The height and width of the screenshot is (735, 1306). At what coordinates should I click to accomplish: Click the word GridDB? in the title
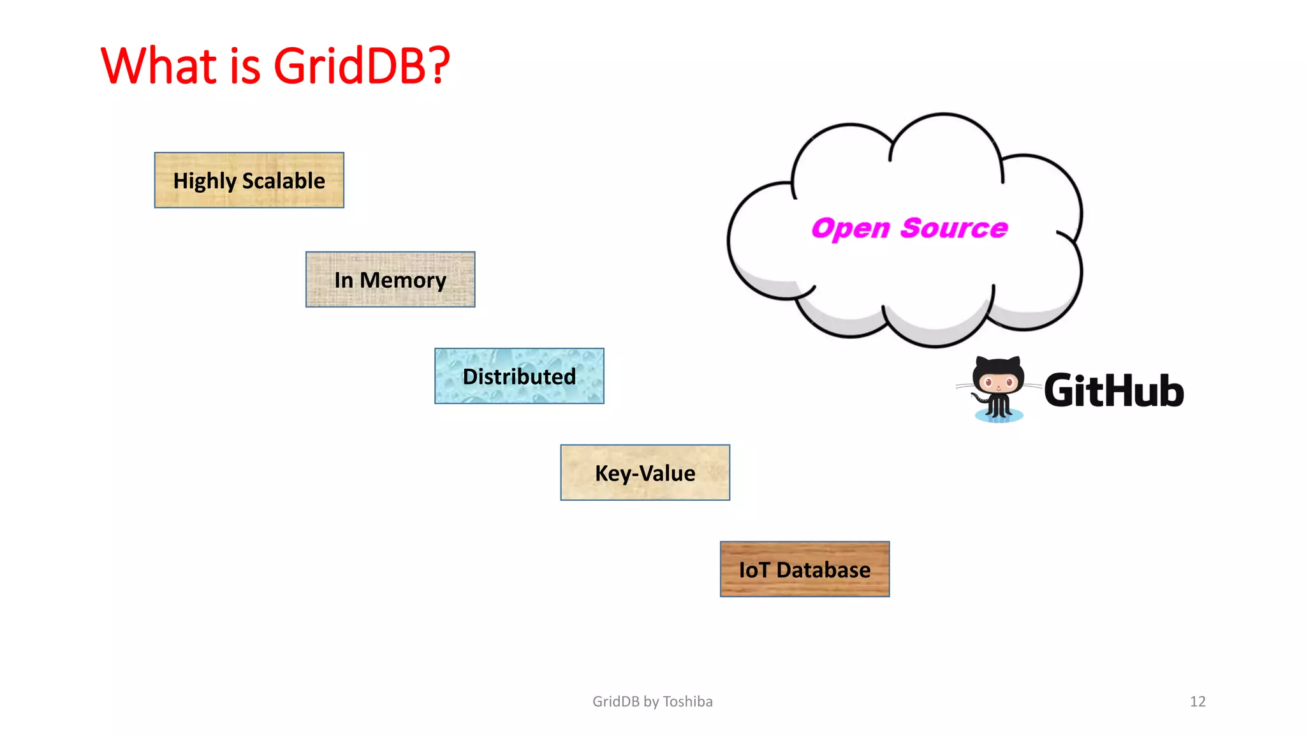[362, 66]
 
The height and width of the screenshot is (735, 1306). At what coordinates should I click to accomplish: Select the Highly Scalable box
[249, 181]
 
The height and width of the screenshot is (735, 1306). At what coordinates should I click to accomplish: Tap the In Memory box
[390, 279]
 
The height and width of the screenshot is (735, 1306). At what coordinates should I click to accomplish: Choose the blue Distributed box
[519, 376]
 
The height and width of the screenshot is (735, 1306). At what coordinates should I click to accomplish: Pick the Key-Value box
[645, 473]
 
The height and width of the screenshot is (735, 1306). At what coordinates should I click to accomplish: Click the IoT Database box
[804, 569]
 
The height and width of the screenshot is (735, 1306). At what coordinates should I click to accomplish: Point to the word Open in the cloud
[850, 228]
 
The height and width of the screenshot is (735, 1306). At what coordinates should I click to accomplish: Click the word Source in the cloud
[954, 228]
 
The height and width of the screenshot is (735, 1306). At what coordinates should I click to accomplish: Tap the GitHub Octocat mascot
[998, 388]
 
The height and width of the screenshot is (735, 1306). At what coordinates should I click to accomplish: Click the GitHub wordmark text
[1113, 390]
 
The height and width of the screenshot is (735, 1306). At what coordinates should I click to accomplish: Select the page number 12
[1198, 701]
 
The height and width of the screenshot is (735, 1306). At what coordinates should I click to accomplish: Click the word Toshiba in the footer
[687, 701]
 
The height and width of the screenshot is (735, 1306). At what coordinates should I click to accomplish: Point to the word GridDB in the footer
[616, 701]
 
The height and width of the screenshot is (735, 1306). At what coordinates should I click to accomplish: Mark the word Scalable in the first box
[284, 181]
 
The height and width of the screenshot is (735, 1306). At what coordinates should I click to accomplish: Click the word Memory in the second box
[403, 280]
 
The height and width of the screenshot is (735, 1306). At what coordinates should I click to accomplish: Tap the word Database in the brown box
[823, 570]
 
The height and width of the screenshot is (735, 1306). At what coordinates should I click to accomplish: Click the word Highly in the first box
[205, 181]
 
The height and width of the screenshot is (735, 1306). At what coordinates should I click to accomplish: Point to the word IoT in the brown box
[754, 570]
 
